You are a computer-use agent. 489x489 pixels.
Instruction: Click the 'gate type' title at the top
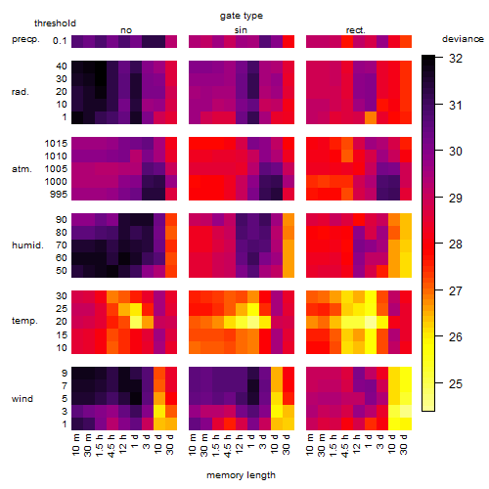tap(242, 16)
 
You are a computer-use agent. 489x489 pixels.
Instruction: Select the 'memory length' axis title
tap(241, 475)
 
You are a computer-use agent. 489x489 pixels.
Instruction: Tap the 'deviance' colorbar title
tap(463, 39)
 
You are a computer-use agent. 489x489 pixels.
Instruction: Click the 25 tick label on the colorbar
tap(456, 383)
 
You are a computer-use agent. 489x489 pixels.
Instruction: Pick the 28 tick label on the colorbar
tap(456, 244)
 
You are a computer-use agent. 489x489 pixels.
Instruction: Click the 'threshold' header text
tap(55, 23)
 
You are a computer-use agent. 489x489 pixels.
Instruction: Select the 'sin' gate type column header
tap(241, 30)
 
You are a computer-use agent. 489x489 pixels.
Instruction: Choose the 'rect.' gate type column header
tap(356, 30)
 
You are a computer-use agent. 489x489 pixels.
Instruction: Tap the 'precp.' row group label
tap(25, 40)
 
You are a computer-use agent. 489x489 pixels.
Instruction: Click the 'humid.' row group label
tap(27, 244)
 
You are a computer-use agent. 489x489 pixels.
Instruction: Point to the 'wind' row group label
tap(22, 399)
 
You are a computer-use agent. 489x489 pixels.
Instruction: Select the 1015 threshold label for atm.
tap(56, 143)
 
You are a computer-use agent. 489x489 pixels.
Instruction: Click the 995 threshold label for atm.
tap(59, 195)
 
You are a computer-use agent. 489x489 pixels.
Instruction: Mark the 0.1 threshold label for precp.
tap(60, 41)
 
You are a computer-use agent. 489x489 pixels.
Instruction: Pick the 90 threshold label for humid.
tap(62, 220)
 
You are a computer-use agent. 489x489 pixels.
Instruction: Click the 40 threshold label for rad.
tap(62, 67)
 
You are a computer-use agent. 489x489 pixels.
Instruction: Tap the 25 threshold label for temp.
tap(62, 309)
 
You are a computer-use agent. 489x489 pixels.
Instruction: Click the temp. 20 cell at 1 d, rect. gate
tap(371, 322)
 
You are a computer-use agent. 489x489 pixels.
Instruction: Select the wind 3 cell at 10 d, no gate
tap(159, 411)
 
